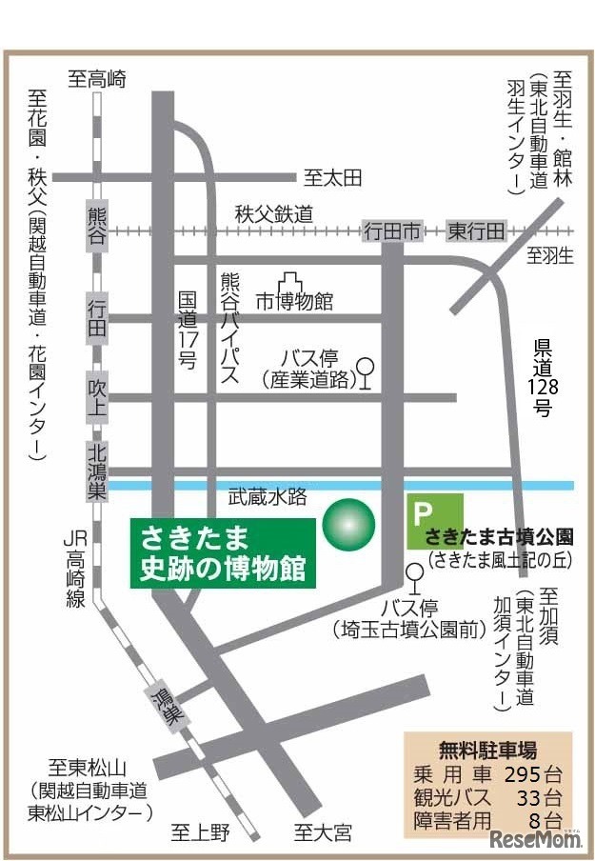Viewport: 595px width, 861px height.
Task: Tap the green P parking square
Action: pos(434,520)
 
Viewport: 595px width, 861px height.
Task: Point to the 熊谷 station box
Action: pos(97,226)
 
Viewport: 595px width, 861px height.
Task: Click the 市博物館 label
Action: pos(295,301)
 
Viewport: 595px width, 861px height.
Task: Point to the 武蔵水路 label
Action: pos(268,496)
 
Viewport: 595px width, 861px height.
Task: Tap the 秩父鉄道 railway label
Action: pos(274,214)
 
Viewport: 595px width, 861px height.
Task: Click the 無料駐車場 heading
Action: pos(487,748)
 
